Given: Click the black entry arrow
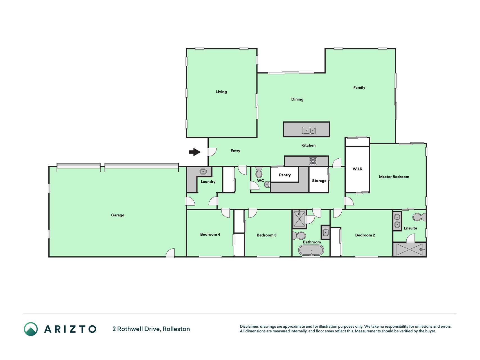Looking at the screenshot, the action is [x=195, y=152].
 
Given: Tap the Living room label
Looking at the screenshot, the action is [x=221, y=92].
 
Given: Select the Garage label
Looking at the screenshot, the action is [x=118, y=215].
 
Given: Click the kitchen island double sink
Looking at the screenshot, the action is [x=309, y=130].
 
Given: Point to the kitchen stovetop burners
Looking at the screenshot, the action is [x=313, y=161].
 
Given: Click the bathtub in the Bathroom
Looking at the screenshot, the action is [x=311, y=250].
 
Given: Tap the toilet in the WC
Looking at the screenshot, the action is [x=259, y=172].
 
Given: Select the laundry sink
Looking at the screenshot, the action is [x=203, y=172].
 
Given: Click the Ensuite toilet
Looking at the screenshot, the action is [x=419, y=217].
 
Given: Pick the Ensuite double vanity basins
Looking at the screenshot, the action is [x=397, y=221].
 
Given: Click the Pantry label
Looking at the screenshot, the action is [x=285, y=175].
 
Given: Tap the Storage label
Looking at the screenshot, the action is [x=319, y=181].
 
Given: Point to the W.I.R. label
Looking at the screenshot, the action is [x=358, y=169].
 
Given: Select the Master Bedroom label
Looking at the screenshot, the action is [x=394, y=177].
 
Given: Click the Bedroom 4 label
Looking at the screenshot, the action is [x=210, y=234].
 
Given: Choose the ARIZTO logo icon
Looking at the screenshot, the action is [x=31, y=329].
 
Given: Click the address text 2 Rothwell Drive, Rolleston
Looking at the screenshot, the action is [x=151, y=329].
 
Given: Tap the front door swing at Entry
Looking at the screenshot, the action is [x=212, y=152].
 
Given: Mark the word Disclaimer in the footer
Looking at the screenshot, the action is [x=249, y=327].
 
